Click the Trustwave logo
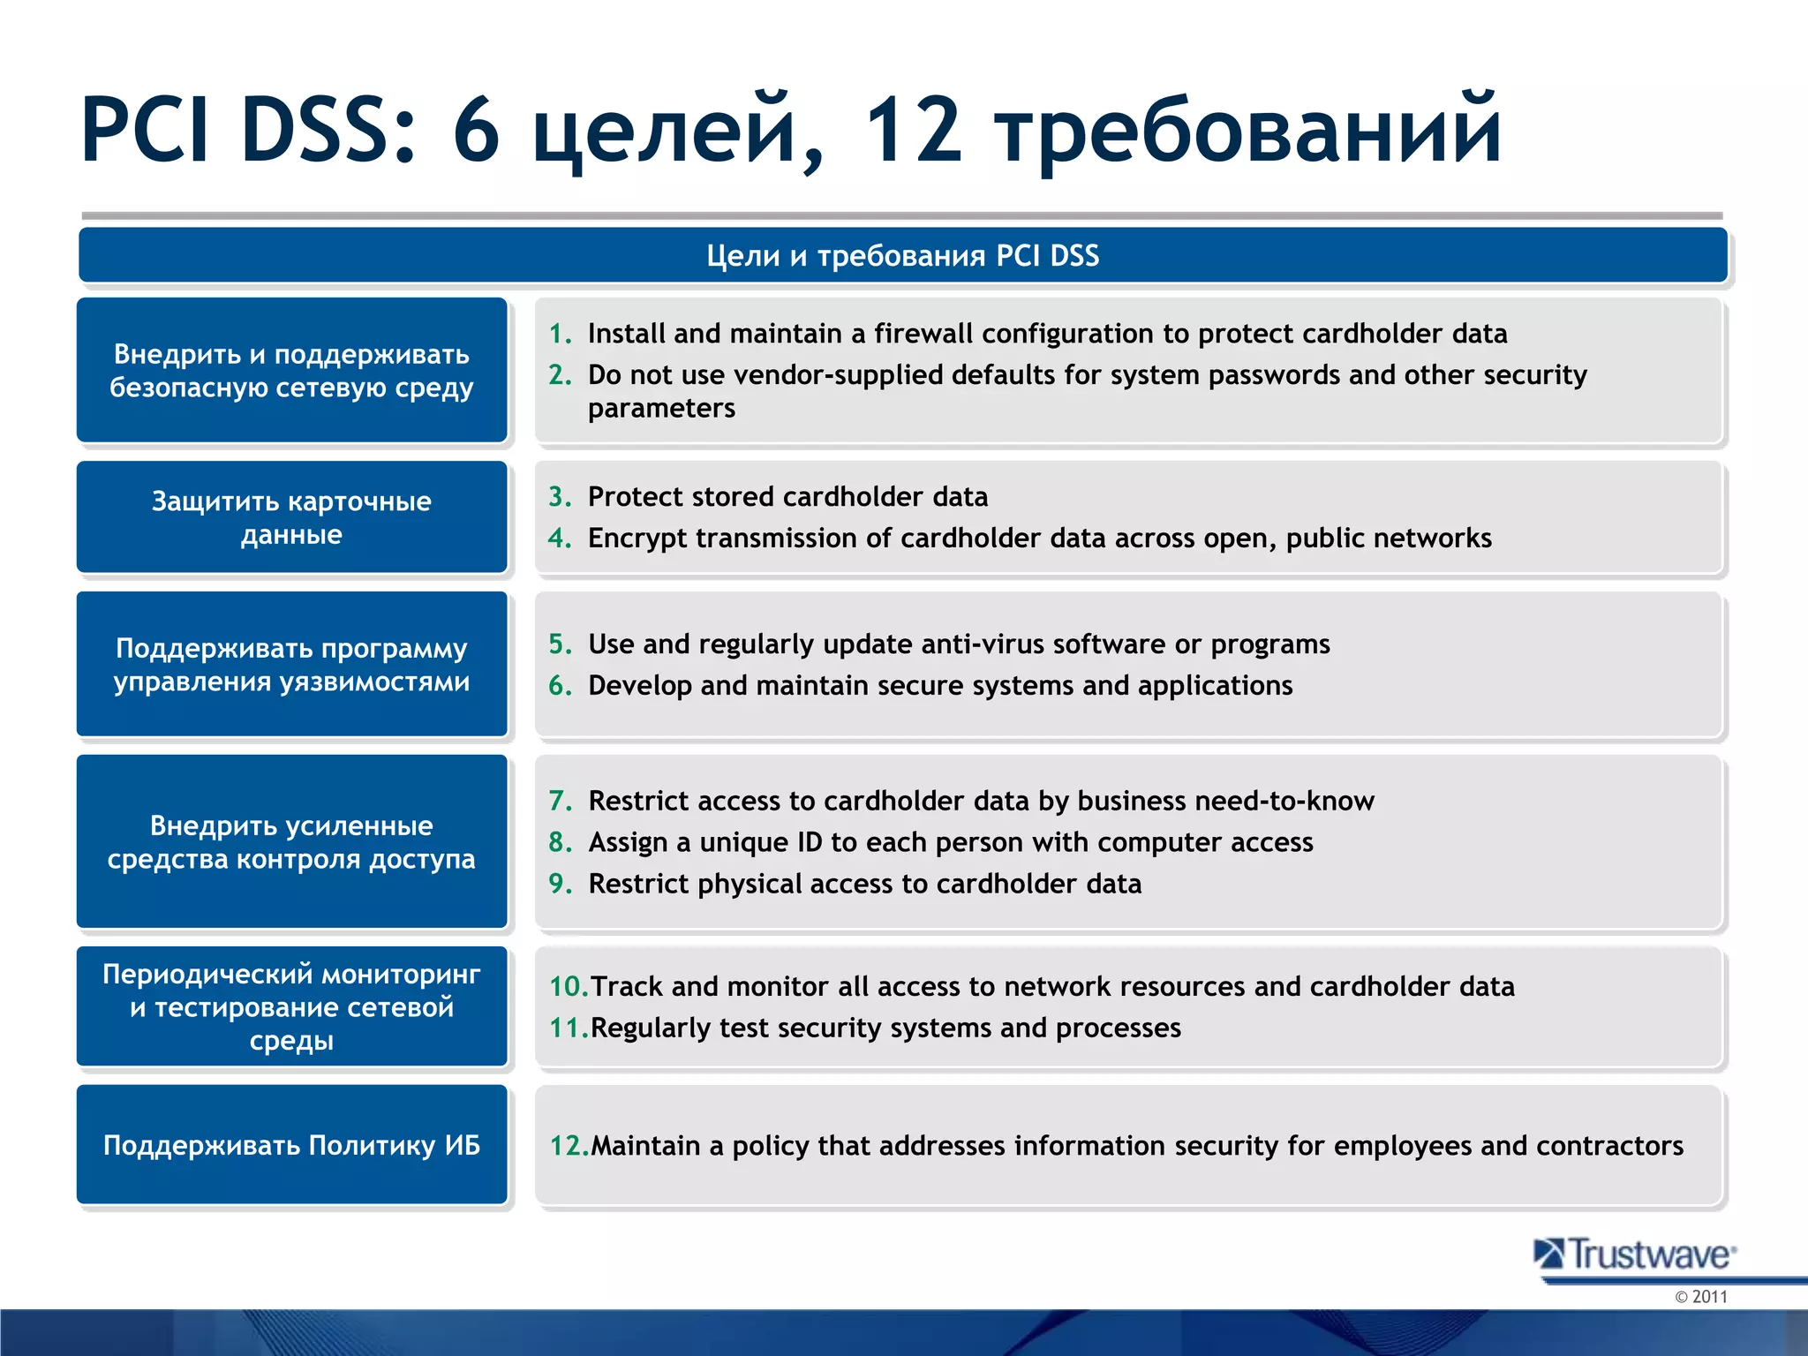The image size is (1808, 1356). (1635, 1254)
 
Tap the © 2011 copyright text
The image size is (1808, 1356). (1700, 1297)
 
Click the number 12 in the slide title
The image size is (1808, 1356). (912, 131)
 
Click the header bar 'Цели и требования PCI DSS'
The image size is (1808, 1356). (902, 256)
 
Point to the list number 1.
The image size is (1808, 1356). (560, 334)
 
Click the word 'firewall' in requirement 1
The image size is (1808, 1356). (923, 334)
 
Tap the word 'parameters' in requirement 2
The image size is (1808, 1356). (661, 409)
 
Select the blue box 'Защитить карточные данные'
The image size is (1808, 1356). (291, 517)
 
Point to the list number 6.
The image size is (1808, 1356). (560, 686)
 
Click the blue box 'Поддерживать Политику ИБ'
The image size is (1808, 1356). (291, 1145)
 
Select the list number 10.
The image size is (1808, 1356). (567, 987)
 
